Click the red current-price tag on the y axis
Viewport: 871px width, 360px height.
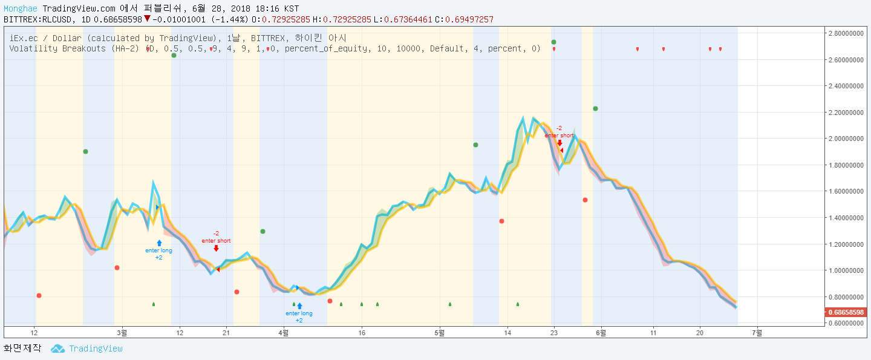pyautogui.click(x=846, y=312)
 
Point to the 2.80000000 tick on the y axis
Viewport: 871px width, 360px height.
pyautogui.click(x=846, y=33)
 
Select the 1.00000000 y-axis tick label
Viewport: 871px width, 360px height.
pyautogui.click(x=846, y=270)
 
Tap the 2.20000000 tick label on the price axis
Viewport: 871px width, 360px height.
pyautogui.click(x=846, y=113)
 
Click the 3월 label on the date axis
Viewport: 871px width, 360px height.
pyautogui.click(x=122, y=332)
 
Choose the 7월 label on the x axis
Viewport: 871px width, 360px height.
pyautogui.click(x=757, y=332)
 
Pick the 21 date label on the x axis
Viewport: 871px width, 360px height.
pyautogui.click(x=226, y=332)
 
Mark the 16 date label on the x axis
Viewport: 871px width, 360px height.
pyautogui.click(x=362, y=332)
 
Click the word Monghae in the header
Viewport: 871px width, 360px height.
pyautogui.click(x=21, y=9)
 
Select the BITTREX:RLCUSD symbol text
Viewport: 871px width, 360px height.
pyautogui.click(x=39, y=19)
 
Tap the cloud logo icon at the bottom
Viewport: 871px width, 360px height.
pyautogui.click(x=57, y=349)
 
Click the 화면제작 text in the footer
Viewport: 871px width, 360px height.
pyautogui.click(x=22, y=349)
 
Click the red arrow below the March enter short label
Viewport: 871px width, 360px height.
pyautogui.click(x=216, y=248)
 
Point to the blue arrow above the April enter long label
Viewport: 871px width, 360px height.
pyautogui.click(x=299, y=306)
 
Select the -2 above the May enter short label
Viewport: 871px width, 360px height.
pyautogui.click(x=558, y=128)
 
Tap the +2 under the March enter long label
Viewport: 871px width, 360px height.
pyautogui.click(x=158, y=258)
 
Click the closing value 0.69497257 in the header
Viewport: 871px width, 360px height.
pyautogui.click(x=469, y=19)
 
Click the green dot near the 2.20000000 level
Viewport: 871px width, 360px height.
pyautogui.click(x=595, y=108)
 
